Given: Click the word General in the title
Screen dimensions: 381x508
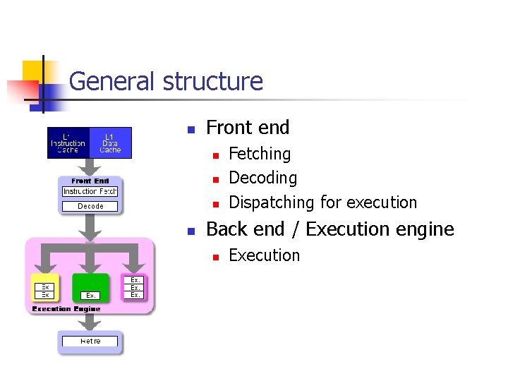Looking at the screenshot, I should (x=113, y=82).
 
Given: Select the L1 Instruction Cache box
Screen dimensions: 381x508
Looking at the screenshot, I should (x=68, y=143).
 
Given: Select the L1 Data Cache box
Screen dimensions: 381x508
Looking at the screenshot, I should (x=111, y=143).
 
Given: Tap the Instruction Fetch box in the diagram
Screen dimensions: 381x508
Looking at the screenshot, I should (x=90, y=192).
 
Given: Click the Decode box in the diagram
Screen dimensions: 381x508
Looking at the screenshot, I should (x=90, y=206).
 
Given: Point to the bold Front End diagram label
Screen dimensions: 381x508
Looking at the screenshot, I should (x=90, y=181).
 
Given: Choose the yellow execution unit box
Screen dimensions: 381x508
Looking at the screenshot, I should (x=45, y=289).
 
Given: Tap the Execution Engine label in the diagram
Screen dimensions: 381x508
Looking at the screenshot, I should (x=66, y=309).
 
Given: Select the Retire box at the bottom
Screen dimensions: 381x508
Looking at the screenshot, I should (x=90, y=341).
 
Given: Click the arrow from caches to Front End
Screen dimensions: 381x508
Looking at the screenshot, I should (x=90, y=167).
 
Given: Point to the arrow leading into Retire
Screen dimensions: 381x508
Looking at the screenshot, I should (x=90, y=322).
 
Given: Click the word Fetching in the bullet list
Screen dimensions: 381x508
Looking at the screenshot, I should (x=260, y=154).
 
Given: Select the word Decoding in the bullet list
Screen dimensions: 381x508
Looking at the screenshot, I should (x=263, y=178).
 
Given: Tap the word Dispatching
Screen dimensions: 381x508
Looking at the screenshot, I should (x=272, y=202).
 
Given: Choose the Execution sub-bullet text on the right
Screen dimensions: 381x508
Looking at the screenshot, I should (x=265, y=255).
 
